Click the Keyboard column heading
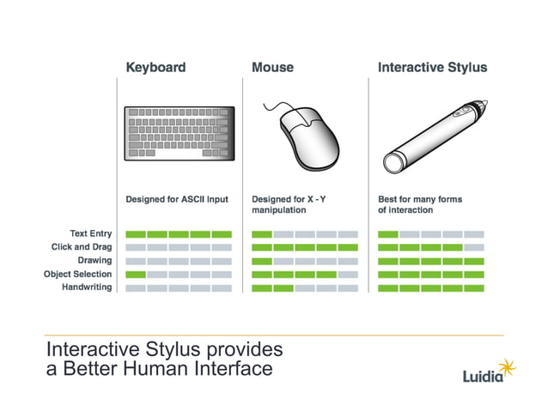click(155, 67)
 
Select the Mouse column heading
click(272, 67)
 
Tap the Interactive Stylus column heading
click(432, 67)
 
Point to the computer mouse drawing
click(305, 137)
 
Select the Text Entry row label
click(90, 233)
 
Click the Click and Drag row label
click(82, 247)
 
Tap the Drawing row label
click(94, 260)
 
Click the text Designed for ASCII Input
click(177, 199)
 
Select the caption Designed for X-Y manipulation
click(289, 204)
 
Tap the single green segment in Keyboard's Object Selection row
click(136, 275)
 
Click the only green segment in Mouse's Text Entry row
click(261, 234)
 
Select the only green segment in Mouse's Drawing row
click(261, 261)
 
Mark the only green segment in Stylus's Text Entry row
click(388, 234)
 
